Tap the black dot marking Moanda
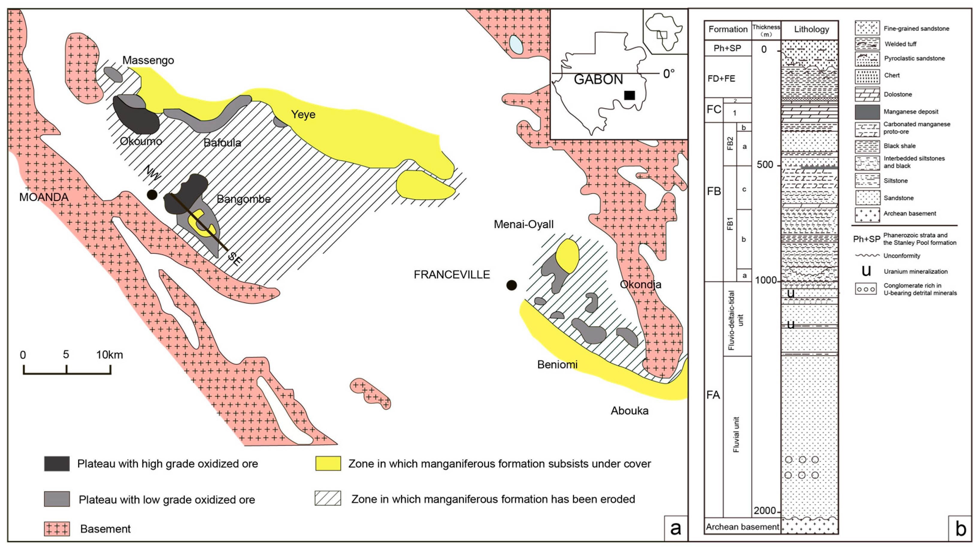coord(152,195)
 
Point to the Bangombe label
coord(243,199)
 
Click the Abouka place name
coord(630,411)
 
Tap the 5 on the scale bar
coord(66,355)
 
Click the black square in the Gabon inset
coord(630,95)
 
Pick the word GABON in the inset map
coord(598,79)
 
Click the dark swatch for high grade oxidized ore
coord(57,464)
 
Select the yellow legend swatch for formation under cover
coord(328,464)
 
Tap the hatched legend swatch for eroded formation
coord(328,498)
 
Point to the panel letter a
coord(675,528)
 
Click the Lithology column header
coord(811,29)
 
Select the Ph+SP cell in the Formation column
coord(727,48)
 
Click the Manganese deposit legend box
coord(867,112)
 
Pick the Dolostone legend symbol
coord(867,94)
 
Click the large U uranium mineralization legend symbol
coord(866,271)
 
